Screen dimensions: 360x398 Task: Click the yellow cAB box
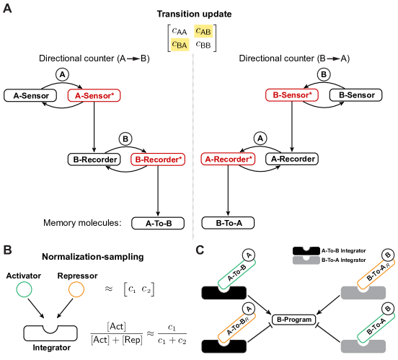[203, 31]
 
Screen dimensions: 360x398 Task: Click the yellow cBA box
[180, 45]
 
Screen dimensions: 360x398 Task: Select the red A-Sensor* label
[94, 95]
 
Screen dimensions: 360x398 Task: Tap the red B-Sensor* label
[291, 95]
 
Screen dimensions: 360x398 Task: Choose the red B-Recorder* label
[158, 159]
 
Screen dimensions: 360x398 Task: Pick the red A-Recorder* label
[228, 159]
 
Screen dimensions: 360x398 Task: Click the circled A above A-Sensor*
[62, 74]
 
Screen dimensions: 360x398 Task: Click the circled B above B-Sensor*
[324, 74]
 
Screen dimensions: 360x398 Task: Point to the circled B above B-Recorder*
[125, 139]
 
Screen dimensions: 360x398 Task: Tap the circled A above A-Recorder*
[260, 138]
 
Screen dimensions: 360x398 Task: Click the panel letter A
[7, 9]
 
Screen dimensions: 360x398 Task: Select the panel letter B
[7, 250]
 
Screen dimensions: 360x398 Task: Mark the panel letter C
[200, 250]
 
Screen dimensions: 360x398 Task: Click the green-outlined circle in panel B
[25, 289]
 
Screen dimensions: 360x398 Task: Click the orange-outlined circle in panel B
[76, 289]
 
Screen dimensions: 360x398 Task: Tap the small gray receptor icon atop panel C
[306, 255]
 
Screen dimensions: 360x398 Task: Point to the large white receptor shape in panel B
[50, 330]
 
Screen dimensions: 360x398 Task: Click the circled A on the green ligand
[249, 255]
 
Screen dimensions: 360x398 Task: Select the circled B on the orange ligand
[387, 255]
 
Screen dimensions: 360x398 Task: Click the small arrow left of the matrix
[133, 58]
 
